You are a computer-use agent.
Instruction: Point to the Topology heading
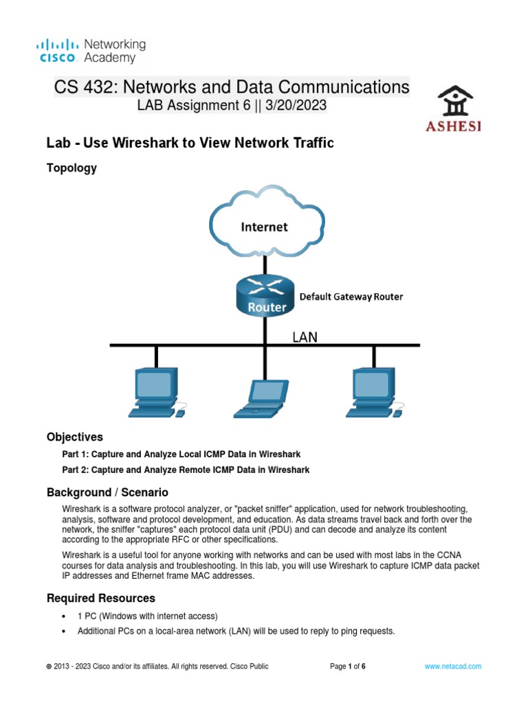(71, 168)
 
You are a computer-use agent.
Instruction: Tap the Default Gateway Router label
(351, 297)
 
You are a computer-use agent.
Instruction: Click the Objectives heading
(75, 437)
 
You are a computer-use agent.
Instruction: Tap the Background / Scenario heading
(107, 493)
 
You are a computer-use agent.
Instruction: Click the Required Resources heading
(101, 598)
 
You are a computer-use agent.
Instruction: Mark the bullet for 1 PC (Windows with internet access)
(63, 616)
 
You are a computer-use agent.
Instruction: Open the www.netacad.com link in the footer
(452, 667)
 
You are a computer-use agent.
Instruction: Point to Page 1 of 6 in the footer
(348, 667)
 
